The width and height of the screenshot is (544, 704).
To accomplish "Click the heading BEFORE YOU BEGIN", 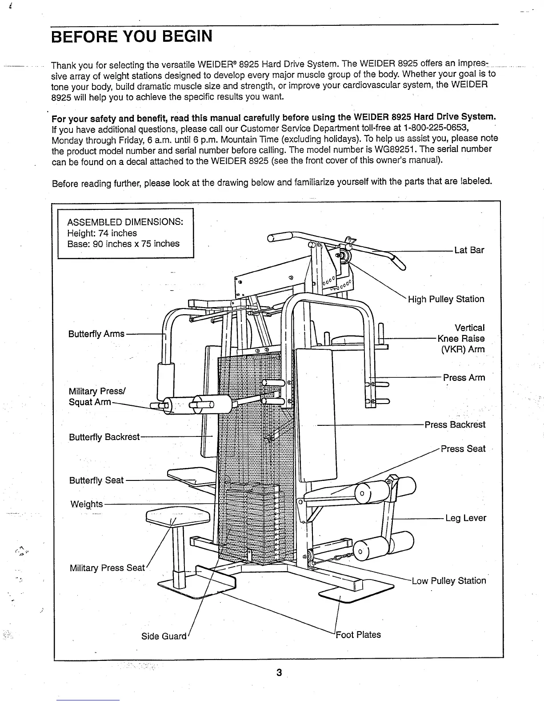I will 132,36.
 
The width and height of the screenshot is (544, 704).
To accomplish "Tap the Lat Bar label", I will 469,250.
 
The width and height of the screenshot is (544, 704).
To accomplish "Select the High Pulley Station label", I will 446,299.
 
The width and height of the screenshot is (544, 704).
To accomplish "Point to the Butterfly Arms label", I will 96,334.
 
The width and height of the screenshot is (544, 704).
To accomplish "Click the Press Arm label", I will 464,378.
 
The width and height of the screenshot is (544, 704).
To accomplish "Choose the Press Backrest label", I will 455,425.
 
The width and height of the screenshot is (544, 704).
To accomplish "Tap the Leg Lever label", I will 465,518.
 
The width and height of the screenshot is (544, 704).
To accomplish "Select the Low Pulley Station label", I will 448,581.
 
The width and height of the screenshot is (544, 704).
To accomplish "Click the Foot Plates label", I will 358,635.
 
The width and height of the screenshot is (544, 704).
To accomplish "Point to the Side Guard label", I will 164,636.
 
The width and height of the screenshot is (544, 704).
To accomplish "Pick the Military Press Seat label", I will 107,568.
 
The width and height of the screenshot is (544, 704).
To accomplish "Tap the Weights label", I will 87,504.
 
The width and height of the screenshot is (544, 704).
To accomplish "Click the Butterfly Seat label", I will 96,480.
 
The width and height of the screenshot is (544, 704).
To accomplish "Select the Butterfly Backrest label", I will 104,437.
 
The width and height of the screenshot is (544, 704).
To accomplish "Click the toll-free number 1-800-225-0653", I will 436,128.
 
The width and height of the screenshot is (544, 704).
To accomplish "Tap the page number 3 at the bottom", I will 279,673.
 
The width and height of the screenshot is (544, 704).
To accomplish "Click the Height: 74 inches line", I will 102,233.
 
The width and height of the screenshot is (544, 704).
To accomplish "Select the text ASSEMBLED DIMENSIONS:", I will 125,222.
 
